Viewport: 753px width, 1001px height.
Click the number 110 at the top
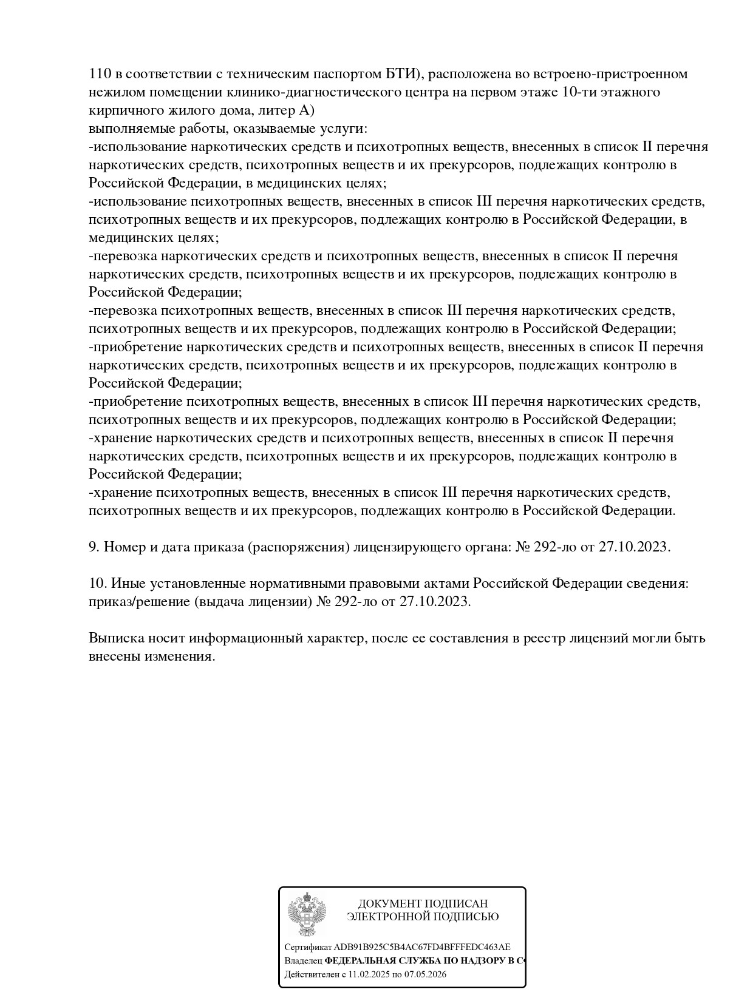click(x=99, y=74)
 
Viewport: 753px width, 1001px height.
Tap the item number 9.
click(x=94, y=547)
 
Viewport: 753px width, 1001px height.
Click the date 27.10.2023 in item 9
click(x=633, y=547)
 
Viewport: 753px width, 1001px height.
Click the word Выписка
click(x=115, y=638)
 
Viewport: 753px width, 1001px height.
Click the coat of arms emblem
click(x=307, y=914)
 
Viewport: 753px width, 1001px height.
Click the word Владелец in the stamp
click(x=303, y=961)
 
